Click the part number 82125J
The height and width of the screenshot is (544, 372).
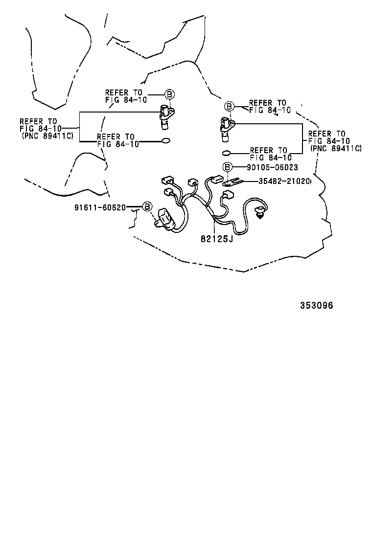tap(216, 239)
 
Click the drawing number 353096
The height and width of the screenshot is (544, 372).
tap(316, 305)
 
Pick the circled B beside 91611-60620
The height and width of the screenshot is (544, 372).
tap(146, 207)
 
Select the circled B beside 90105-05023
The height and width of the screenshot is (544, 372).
tap(227, 167)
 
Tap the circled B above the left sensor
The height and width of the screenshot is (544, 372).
tap(169, 94)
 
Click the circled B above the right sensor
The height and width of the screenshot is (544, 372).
tap(228, 107)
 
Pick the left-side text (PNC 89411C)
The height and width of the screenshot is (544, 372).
tap(47, 136)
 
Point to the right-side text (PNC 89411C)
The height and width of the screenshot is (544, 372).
tap(336, 148)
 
